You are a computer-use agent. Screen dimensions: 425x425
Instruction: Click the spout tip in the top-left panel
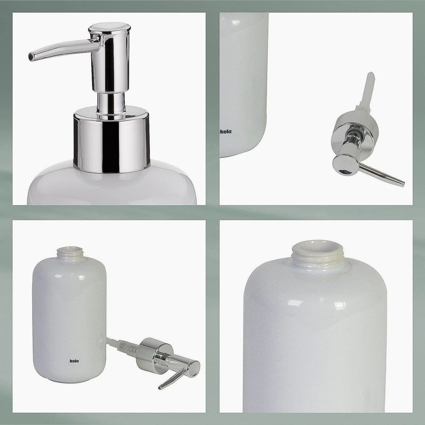(31, 57)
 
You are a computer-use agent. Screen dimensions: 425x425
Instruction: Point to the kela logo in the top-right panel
(226, 132)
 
